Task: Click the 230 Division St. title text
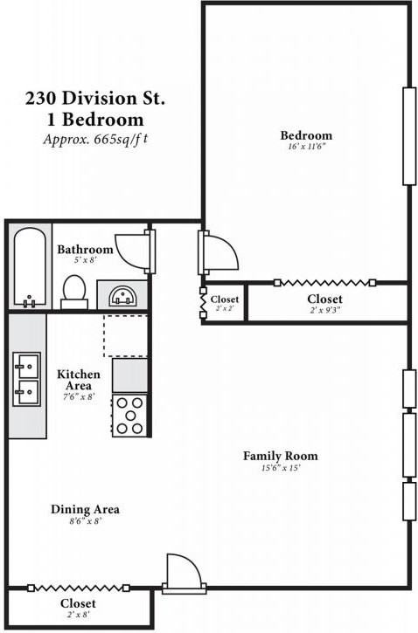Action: click(95, 99)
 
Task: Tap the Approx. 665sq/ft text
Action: click(95, 140)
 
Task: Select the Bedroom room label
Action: click(306, 135)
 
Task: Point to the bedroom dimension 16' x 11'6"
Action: click(306, 147)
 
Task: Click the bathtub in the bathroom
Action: click(30, 267)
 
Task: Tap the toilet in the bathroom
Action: click(74, 292)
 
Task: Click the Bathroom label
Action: click(85, 250)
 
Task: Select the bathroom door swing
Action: click(132, 251)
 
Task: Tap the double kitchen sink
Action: click(27, 379)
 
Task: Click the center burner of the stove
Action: click(129, 415)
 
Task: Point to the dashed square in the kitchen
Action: click(126, 336)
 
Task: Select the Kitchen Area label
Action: click(79, 380)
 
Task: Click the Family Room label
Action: click(280, 456)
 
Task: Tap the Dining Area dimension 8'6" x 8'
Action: click(85, 521)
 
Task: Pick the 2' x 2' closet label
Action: click(225, 303)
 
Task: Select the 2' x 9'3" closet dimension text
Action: click(325, 311)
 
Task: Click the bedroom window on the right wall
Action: click(409, 136)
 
